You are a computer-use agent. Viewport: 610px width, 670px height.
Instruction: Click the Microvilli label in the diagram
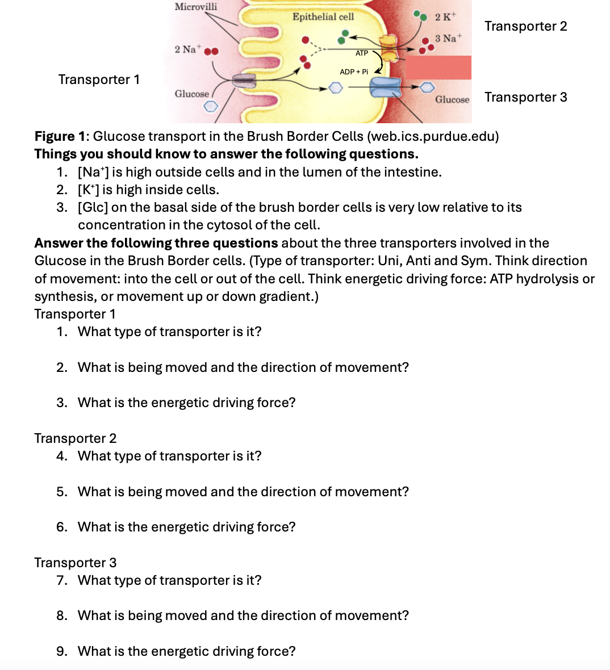pos(195,7)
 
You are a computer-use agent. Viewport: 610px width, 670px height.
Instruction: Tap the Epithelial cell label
pos(323,17)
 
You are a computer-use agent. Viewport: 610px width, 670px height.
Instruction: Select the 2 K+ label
pos(445,16)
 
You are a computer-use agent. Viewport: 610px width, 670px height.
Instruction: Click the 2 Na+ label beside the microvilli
pos(186,49)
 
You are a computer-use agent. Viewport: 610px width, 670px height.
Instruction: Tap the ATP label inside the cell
pos(362,53)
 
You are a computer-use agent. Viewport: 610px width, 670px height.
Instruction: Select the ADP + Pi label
pos(354,72)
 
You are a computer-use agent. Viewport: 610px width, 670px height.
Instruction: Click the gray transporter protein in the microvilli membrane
pos(243,81)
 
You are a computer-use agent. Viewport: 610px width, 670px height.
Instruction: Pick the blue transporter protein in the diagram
pos(385,88)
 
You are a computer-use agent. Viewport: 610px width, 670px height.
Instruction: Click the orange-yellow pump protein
pos(389,49)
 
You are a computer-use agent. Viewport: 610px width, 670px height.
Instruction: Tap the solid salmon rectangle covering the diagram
pos(438,68)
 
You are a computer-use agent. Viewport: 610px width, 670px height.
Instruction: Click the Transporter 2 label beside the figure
pos(525,26)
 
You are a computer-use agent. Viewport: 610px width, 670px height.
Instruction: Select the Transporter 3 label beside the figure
pos(525,97)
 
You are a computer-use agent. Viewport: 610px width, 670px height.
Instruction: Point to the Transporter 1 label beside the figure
pos(99,79)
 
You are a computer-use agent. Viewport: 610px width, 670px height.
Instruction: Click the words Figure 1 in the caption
pos(61,136)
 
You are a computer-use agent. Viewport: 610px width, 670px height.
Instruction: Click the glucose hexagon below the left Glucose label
pos(211,106)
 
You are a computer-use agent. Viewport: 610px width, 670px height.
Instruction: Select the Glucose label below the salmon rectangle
pos(452,100)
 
